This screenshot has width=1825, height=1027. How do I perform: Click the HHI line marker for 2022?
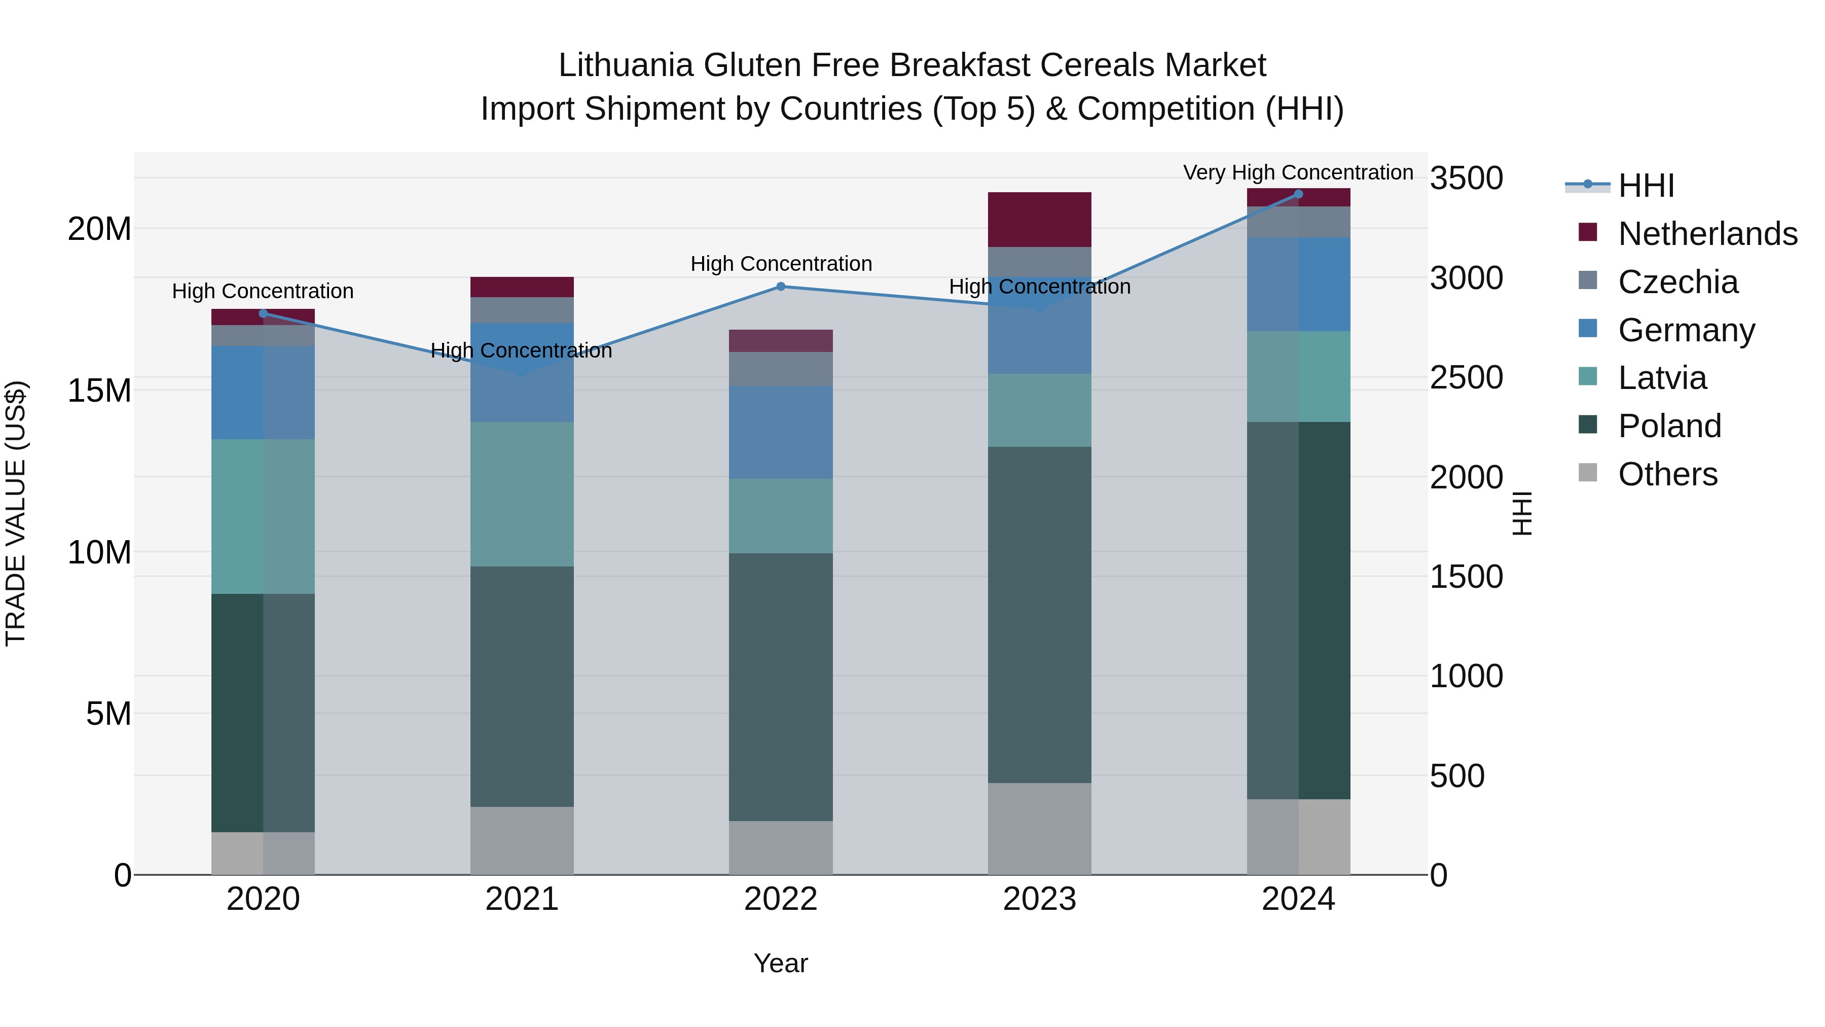pyautogui.click(x=781, y=287)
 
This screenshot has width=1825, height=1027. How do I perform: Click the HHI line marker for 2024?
pyautogui.click(x=1298, y=194)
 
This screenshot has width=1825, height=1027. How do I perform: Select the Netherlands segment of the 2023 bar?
pyautogui.click(x=1039, y=219)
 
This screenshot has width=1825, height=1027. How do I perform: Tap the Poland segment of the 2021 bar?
pyautogui.click(x=522, y=686)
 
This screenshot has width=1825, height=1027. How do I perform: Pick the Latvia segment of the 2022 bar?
pyautogui.click(x=781, y=515)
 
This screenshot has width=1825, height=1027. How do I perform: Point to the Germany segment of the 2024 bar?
pyautogui.click(x=1298, y=284)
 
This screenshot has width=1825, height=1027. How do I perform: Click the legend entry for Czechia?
pyautogui.click(x=1677, y=281)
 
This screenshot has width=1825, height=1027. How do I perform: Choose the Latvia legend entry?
pyautogui.click(x=1661, y=377)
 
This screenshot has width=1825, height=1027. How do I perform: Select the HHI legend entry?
pyautogui.click(x=1645, y=186)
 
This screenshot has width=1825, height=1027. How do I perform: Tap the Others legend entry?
pyautogui.click(x=1667, y=474)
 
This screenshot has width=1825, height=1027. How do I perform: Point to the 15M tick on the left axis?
pyautogui.click(x=99, y=391)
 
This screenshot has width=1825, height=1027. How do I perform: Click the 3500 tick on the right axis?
pyautogui.click(x=1466, y=178)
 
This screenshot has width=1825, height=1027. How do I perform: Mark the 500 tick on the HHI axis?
pyautogui.click(x=1456, y=775)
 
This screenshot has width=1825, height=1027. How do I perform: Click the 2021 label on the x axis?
pyautogui.click(x=522, y=899)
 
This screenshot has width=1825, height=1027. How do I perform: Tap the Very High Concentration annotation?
pyautogui.click(x=1298, y=172)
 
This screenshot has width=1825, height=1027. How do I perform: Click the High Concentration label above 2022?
pyautogui.click(x=781, y=264)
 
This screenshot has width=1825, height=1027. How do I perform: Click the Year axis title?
pyautogui.click(x=781, y=963)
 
